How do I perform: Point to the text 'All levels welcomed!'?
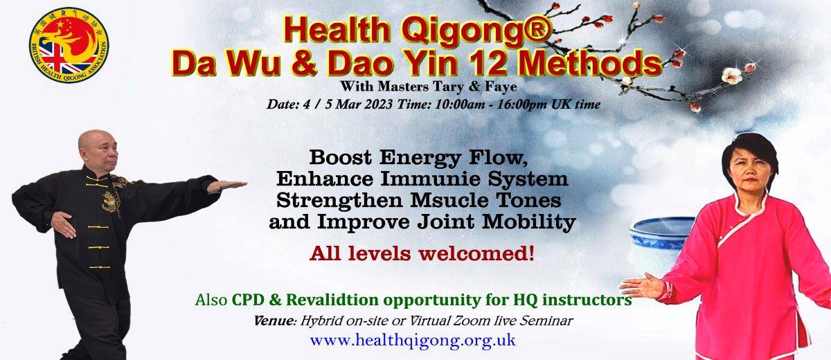[422, 254]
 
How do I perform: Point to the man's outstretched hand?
[227, 186]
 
